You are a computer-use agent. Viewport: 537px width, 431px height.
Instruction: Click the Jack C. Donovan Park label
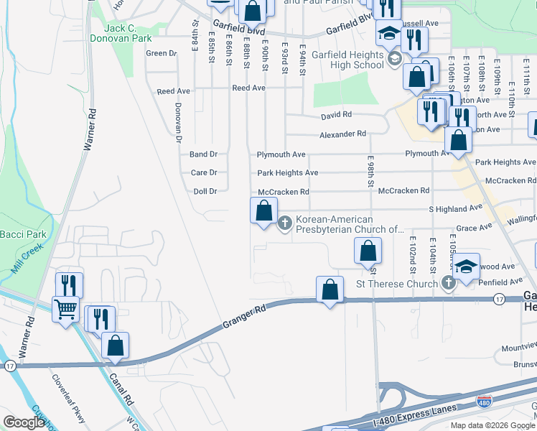pos(118,32)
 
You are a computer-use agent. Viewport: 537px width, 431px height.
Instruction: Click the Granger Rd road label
pos(243,316)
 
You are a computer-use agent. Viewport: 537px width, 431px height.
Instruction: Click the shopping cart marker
pos(66,310)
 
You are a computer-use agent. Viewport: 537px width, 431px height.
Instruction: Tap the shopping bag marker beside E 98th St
pos(368,251)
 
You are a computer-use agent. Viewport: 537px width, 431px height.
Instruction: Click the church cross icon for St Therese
pos(449,283)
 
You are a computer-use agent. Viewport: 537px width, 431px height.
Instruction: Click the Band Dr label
pos(203,154)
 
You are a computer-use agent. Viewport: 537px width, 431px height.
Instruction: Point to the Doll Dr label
pos(205,192)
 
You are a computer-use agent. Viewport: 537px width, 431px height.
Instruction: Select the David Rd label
pos(336,115)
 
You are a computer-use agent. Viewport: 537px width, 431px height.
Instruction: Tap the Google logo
pos(24,422)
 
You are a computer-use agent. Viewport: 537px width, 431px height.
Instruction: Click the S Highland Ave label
pos(455,208)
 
